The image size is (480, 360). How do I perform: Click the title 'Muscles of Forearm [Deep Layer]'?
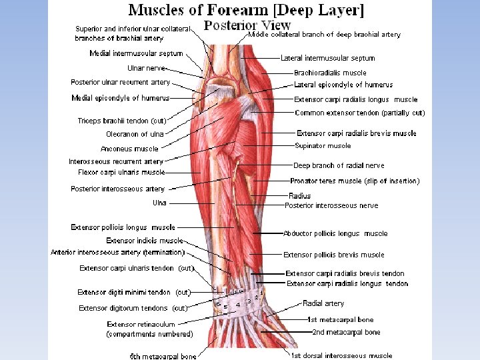point(246,10)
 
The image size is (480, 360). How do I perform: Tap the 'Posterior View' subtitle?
point(247,26)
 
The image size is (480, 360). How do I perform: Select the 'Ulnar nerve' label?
point(145,68)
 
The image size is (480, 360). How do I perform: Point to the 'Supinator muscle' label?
point(322,145)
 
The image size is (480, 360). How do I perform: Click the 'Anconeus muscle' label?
point(129,149)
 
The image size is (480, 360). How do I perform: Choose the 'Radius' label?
point(299,196)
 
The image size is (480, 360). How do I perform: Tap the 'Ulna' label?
point(159,203)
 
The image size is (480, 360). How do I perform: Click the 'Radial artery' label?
point(323,303)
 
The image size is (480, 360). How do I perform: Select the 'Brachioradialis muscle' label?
point(330,73)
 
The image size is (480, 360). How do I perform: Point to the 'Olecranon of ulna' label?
point(135,134)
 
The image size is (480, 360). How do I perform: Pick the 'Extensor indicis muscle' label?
point(144,240)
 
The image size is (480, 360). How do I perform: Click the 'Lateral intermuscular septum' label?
point(327,58)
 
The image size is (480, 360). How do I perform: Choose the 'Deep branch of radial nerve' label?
point(339,165)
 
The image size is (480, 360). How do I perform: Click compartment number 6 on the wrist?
point(219,304)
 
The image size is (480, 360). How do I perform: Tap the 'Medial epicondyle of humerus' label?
point(120,98)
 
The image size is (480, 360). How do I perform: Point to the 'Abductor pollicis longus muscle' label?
point(335,233)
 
